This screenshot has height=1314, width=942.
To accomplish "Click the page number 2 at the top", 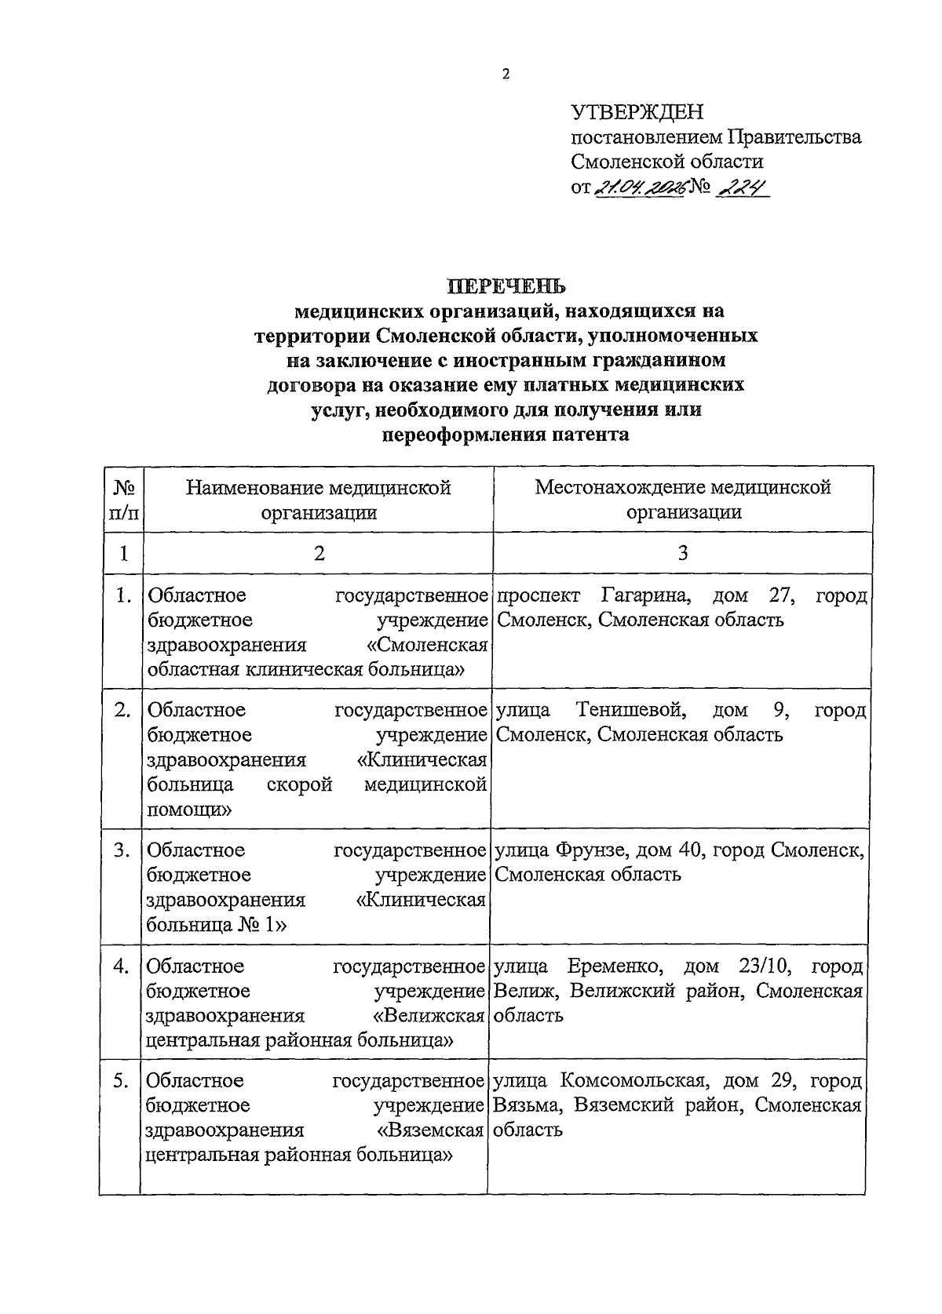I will click(506, 75).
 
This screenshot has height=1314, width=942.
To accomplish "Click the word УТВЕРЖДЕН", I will click(637, 113).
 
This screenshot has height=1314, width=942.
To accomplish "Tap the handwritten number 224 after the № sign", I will click(741, 187).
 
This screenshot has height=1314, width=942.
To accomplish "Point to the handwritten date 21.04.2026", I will click(641, 187).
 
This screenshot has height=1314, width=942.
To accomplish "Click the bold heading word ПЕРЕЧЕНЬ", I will click(506, 286).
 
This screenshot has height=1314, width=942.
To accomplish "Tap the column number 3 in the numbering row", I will click(683, 553).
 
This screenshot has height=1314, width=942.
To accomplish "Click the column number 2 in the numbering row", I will click(319, 553).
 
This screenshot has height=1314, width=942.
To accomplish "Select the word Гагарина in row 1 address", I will click(646, 595).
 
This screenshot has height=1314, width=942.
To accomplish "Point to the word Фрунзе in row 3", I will click(590, 850).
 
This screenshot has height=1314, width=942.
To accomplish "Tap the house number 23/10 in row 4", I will click(766, 966).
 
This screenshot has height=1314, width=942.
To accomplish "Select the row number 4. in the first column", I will click(120, 966).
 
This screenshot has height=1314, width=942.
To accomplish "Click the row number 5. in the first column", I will click(120, 1081).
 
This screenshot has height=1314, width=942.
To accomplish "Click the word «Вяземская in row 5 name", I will click(429, 1130).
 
